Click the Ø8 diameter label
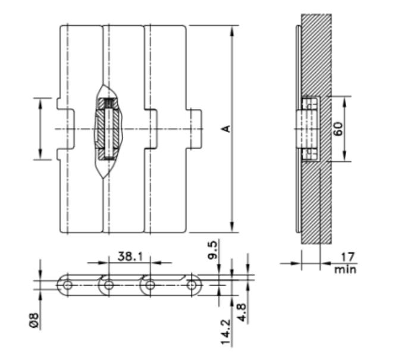point(36,322)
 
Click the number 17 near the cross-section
point(346,256)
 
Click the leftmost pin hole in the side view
point(68,286)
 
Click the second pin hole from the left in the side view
point(108,286)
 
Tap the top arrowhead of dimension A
point(232,29)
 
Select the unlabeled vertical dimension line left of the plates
point(40,129)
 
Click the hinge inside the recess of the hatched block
point(307,129)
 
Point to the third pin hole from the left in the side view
point(150,286)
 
